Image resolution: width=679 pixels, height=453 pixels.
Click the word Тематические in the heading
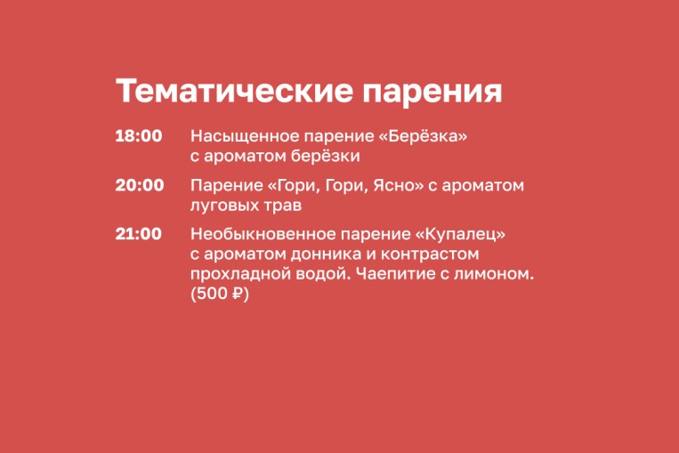coord(234,91)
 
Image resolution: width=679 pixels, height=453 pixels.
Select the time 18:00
coord(139,136)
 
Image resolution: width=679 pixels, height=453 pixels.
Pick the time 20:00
coord(140,185)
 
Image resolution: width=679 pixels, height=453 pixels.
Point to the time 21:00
coord(139,234)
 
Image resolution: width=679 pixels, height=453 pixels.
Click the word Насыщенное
coord(245,137)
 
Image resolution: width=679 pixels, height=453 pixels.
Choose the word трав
coord(283,206)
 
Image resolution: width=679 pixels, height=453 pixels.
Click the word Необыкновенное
coord(263,234)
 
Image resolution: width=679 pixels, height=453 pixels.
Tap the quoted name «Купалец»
coord(460,234)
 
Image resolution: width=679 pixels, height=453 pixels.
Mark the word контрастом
coord(430,255)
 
